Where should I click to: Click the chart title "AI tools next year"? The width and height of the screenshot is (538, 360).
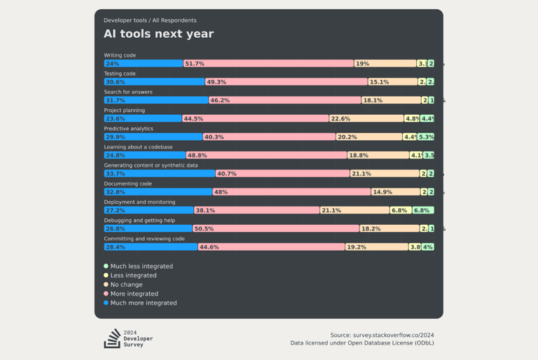159,34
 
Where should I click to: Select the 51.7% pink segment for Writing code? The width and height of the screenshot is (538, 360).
268,64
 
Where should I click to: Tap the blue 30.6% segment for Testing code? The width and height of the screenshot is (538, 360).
154,82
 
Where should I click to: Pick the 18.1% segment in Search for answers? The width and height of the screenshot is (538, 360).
391,100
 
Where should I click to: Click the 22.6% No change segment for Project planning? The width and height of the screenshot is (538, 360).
366,118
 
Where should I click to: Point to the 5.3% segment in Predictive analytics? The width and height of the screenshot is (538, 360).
426,137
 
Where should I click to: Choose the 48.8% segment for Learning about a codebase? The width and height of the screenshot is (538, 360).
266,155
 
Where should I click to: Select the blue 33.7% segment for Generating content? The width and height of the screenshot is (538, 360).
159,174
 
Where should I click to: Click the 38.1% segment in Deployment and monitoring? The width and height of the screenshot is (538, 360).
256,210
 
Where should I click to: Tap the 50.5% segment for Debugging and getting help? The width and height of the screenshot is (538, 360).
275,228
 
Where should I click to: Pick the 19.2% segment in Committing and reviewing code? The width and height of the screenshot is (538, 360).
376,247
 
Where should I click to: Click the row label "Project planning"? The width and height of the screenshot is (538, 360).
125,110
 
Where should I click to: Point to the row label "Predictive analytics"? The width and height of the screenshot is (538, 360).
129,129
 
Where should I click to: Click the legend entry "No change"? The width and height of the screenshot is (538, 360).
126,284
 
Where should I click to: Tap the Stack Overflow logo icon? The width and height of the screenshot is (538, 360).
112,338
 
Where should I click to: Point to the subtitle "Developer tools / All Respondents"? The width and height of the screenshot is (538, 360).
150,20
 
